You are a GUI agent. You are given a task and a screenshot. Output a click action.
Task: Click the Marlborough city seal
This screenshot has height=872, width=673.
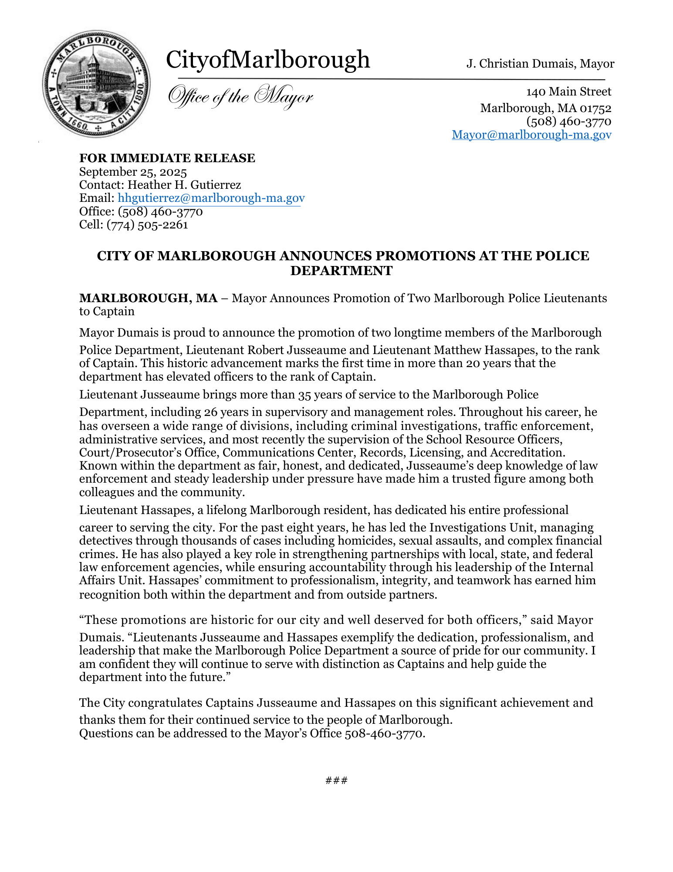pos(96,84)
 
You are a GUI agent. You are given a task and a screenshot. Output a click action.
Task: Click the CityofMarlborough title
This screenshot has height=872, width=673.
pos(268,60)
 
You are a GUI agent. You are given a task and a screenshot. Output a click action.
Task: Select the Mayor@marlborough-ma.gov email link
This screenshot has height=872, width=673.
pos(531,135)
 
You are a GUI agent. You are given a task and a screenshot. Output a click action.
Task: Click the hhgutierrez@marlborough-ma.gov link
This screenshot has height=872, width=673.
pos(211,198)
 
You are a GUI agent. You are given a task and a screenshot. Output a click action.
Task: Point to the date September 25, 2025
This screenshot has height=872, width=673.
pos(133,172)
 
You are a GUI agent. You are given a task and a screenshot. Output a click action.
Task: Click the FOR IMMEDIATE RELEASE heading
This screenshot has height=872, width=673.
pos(167,158)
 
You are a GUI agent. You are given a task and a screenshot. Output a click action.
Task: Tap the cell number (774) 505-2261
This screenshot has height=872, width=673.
pos(147,225)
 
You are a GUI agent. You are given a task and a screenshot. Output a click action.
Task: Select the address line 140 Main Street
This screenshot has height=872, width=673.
pos(568,92)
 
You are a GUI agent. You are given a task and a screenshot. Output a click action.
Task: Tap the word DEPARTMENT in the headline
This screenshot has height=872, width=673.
pos(341,271)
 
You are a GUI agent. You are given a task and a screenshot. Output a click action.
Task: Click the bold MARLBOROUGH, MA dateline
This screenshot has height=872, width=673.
pos(148,298)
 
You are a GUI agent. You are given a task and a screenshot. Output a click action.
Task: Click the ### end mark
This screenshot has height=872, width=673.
pos(336,780)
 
